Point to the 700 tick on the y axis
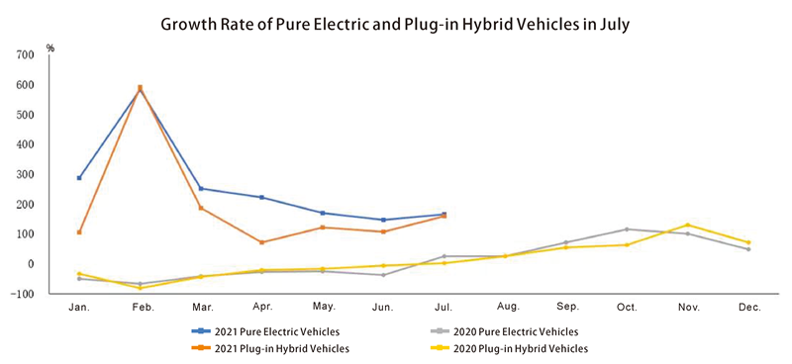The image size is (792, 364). tap(24, 54)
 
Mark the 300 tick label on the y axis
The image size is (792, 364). tap(24, 175)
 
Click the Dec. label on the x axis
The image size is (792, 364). tap(748, 308)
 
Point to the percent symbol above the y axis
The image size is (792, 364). tap(50, 45)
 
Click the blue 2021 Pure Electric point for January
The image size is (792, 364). tap(79, 178)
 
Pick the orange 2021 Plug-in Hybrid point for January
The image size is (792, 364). tap(79, 232)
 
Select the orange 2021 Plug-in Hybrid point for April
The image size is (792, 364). tap(261, 242)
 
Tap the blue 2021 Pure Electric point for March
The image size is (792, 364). tap(201, 188)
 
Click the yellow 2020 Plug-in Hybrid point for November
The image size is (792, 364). tap(687, 225)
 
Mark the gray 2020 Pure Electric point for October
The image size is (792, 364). tap(627, 229)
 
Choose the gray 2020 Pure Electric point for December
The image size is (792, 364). tap(748, 249)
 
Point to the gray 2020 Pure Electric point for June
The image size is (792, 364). tap(383, 275)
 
